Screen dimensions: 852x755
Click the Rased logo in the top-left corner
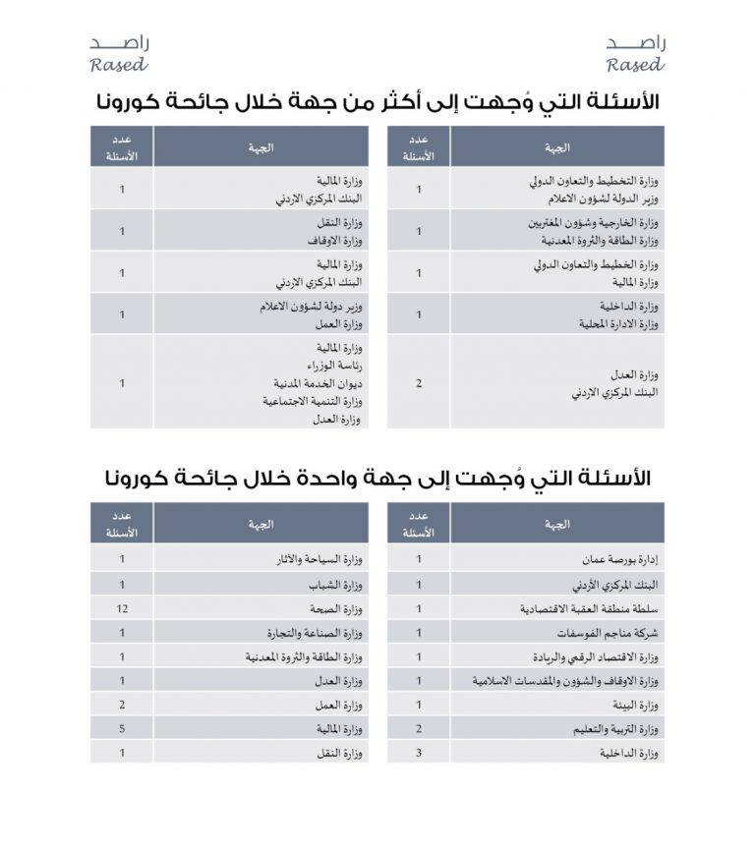[119, 54]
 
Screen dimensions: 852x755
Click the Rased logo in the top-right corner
[635, 54]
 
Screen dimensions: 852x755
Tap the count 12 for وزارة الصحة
[122, 609]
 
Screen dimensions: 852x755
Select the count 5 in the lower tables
[122, 729]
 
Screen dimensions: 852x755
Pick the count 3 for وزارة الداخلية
[419, 753]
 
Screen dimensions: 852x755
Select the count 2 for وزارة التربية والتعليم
[419, 729]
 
